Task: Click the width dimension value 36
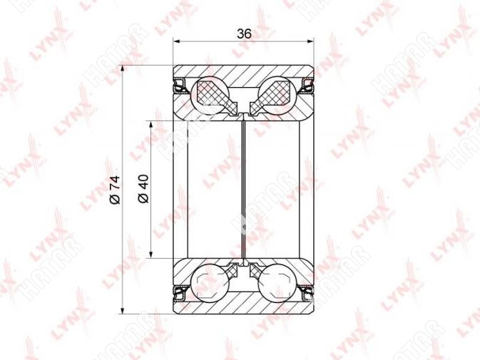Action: tap(244, 34)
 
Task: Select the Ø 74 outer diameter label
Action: tap(115, 190)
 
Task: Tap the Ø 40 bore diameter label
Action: tap(143, 188)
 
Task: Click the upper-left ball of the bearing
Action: tap(210, 94)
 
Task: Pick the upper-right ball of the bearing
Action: tap(277, 94)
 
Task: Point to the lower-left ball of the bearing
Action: tap(210, 283)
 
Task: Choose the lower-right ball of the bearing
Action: tap(277, 283)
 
